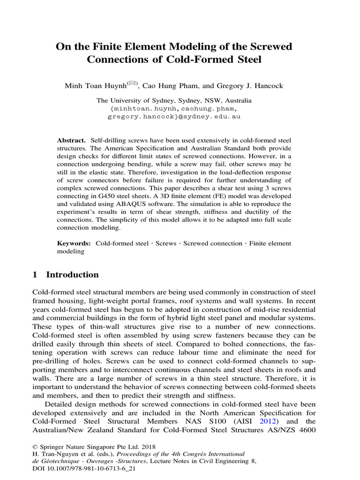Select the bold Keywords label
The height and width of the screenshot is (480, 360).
tap(74, 243)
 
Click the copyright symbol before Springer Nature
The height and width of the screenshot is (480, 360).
tap(35, 447)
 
